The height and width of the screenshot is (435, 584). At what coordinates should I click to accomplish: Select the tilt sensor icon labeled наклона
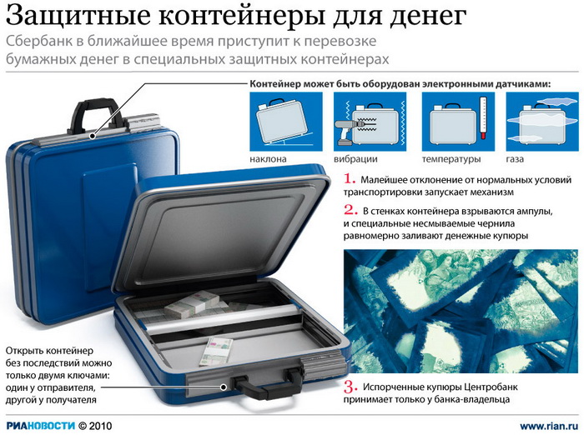click(x=286, y=122)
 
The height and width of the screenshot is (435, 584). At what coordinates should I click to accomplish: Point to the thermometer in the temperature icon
click(x=483, y=118)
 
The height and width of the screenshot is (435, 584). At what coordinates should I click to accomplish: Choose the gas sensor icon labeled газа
click(x=542, y=122)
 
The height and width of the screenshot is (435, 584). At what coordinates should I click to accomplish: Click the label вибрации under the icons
click(x=355, y=159)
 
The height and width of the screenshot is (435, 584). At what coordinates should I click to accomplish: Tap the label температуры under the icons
click(x=451, y=159)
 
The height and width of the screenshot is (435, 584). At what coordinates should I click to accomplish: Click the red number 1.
click(x=350, y=179)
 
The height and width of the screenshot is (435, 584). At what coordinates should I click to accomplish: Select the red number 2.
click(x=350, y=210)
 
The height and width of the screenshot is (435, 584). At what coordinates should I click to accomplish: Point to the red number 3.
click(x=350, y=387)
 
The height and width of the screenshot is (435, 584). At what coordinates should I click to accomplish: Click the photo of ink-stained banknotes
click(x=461, y=311)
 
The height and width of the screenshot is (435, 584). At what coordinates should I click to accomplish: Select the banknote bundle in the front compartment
click(x=216, y=351)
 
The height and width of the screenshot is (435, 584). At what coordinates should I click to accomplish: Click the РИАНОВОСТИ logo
click(x=41, y=425)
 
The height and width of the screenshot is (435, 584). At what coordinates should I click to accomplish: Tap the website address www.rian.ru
click(x=549, y=426)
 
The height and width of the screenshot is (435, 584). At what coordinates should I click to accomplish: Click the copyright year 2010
click(x=100, y=425)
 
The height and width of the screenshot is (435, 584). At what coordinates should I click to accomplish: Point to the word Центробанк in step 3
click(x=491, y=387)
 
